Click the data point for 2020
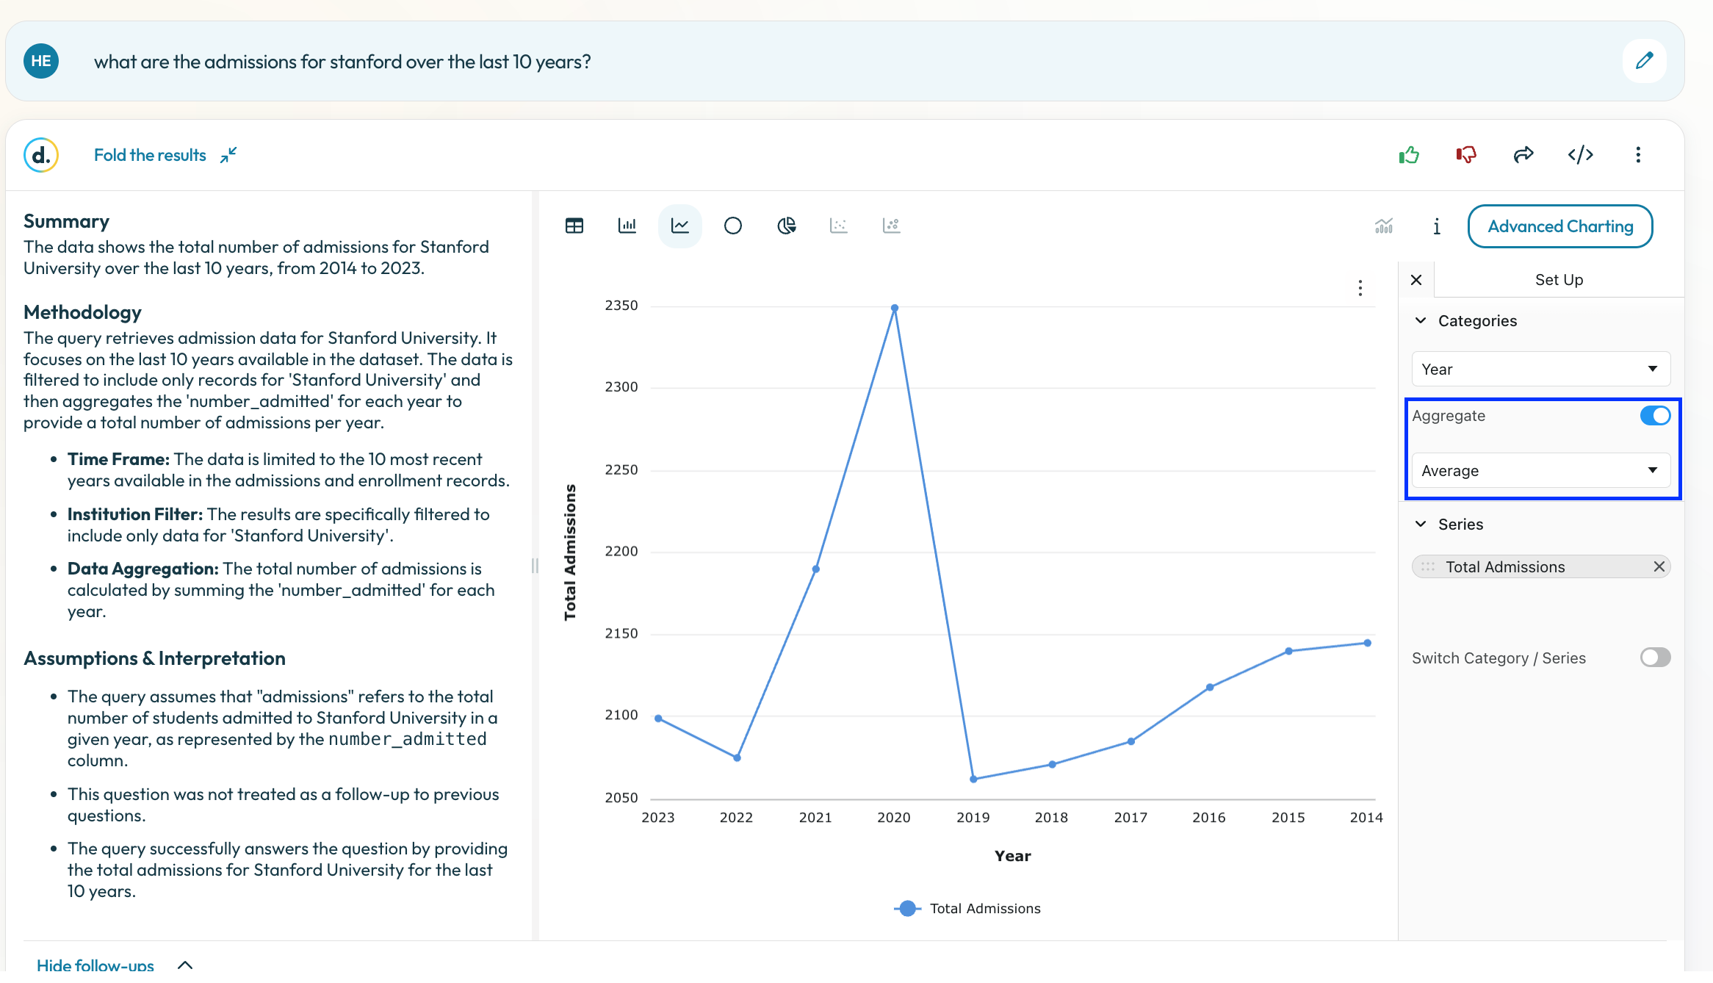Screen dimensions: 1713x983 [x=894, y=309]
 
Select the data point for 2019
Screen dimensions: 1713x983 [x=973, y=779]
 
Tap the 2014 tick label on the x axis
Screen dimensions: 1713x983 [x=1366, y=818]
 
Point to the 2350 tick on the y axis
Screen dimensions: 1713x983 [x=621, y=306]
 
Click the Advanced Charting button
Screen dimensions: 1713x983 [x=1560, y=226]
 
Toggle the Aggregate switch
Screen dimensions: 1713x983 [x=1655, y=416]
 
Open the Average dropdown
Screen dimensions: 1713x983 [x=1541, y=470]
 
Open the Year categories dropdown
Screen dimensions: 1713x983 [x=1541, y=369]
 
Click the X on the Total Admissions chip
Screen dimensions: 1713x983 [x=1659, y=566]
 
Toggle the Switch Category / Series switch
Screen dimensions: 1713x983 [x=1655, y=657]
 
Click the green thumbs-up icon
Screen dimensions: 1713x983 [x=1409, y=154]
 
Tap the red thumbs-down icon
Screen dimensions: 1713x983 [x=1466, y=154]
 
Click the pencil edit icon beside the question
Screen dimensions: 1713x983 [x=1645, y=61]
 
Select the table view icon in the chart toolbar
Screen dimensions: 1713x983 [x=574, y=226]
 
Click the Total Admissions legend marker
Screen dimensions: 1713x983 [x=908, y=908]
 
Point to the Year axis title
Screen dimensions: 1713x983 [x=1012, y=856]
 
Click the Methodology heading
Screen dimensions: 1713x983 [x=82, y=312]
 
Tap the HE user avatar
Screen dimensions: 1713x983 [x=41, y=61]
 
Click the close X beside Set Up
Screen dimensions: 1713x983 [x=1416, y=280]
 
